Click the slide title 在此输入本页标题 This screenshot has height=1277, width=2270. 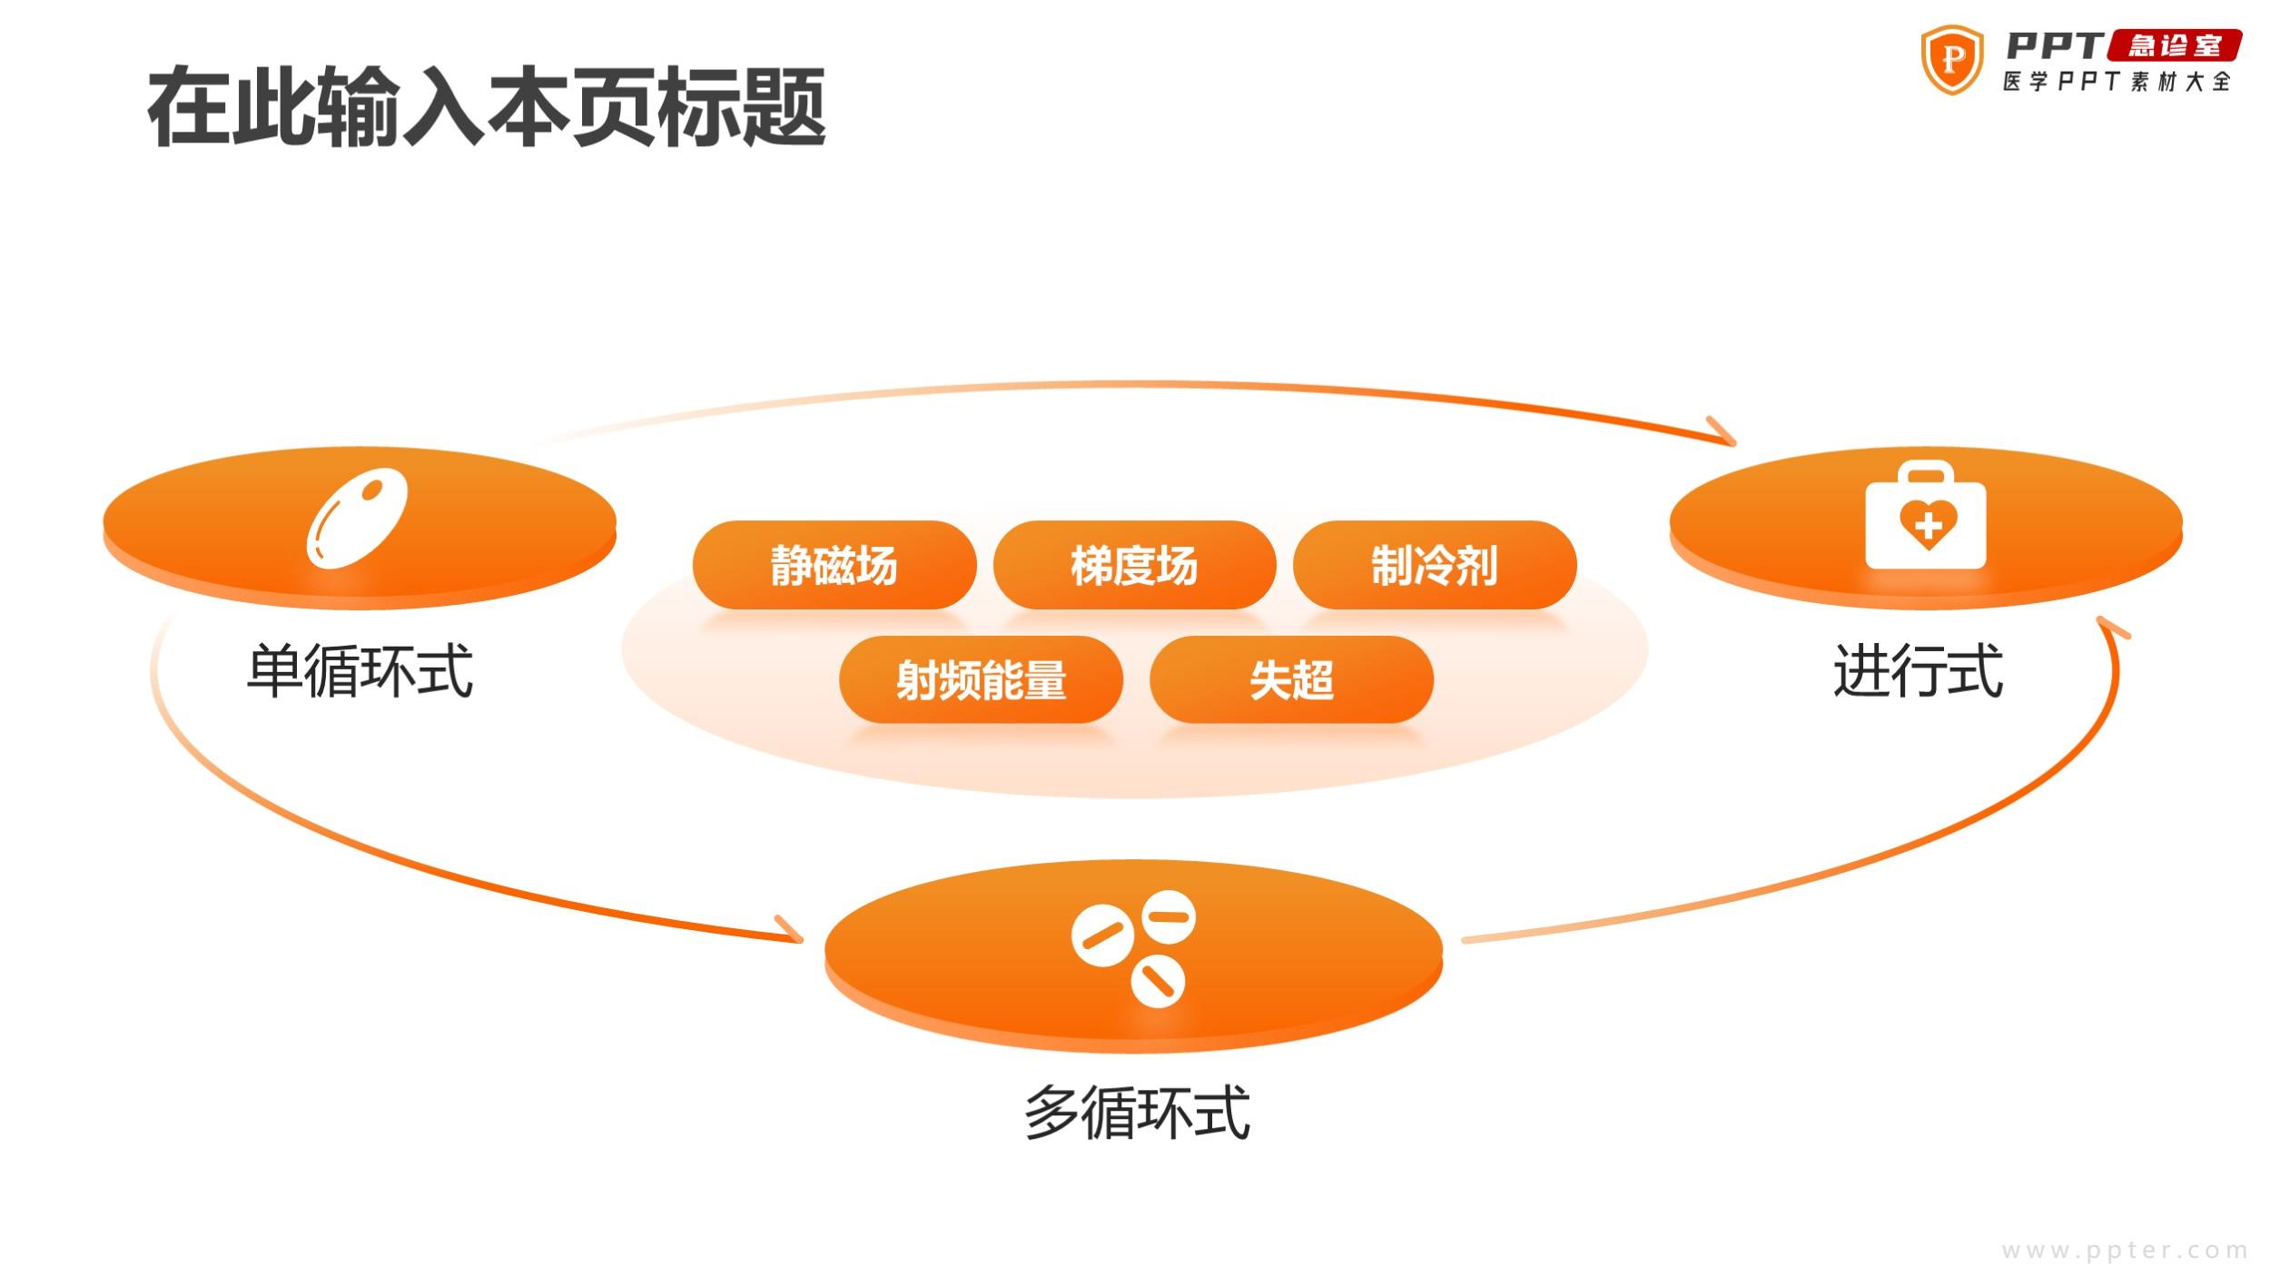487,107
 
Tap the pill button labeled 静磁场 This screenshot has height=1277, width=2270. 834,565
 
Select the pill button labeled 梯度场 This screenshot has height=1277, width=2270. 1134,565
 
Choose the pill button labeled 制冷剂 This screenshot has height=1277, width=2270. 1435,565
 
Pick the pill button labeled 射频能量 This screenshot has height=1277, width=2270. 981,679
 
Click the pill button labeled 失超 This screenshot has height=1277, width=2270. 1291,679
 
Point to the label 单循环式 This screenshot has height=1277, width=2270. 360,671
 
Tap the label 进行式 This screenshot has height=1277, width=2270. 1918,671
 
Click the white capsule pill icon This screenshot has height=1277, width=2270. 357,519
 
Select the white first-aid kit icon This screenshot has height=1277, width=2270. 1926,515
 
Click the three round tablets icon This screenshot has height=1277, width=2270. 1133,948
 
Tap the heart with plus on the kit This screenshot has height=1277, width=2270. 1928,524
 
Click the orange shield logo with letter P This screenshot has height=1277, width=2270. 1951,60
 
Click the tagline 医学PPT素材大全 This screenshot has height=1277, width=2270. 2117,82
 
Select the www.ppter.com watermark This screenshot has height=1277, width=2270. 2125,1251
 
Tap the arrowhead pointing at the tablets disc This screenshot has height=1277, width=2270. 790,929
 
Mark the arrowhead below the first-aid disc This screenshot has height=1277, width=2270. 2112,627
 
